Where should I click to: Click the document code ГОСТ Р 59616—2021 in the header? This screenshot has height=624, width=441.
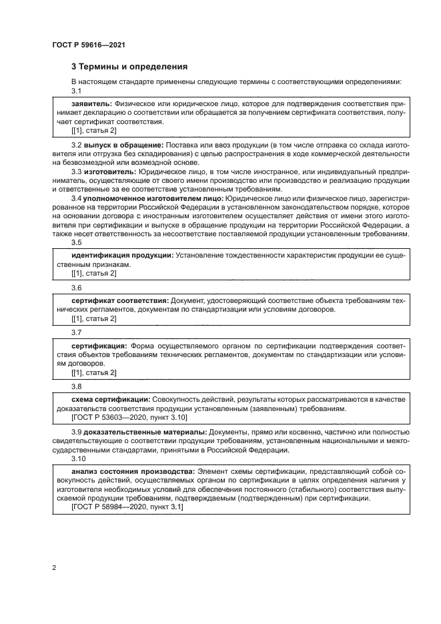(x=89, y=45)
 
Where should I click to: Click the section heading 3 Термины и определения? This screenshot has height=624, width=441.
(x=129, y=67)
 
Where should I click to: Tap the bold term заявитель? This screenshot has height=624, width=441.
(x=91, y=105)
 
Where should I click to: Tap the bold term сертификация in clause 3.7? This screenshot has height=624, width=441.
(x=99, y=346)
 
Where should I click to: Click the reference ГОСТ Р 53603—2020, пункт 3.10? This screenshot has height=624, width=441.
(x=129, y=417)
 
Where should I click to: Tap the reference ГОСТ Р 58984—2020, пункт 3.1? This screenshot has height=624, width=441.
(x=127, y=507)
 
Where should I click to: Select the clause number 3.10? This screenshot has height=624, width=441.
(x=79, y=459)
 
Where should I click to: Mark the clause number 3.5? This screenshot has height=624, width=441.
(x=77, y=243)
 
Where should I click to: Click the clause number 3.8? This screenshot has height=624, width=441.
(x=77, y=386)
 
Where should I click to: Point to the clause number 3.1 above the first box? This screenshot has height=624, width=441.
(x=77, y=91)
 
